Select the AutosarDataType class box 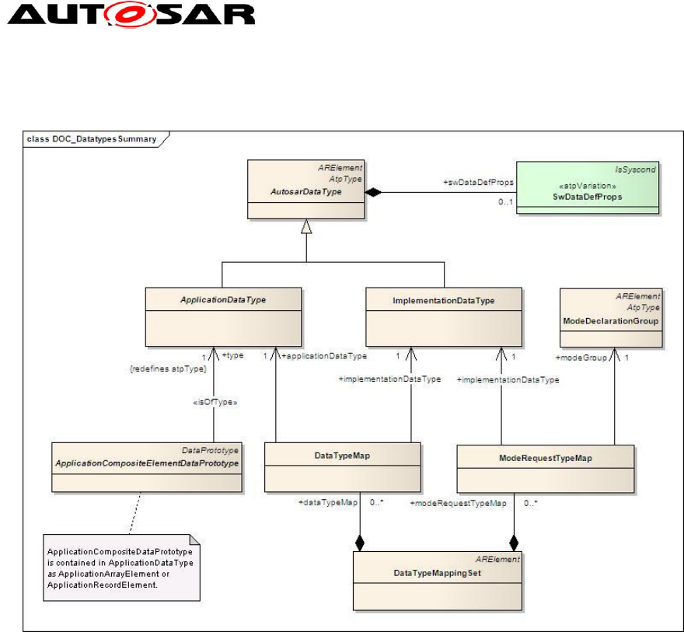click(x=305, y=190)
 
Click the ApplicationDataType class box click(x=222, y=316)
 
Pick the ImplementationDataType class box click(x=444, y=316)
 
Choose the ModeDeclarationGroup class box click(x=611, y=317)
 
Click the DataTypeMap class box click(x=342, y=467)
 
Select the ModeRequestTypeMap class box click(x=545, y=469)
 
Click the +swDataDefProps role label click(x=479, y=183)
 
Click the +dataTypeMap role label click(x=328, y=504)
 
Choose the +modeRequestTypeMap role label click(x=458, y=504)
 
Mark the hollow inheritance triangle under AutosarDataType click(x=305, y=226)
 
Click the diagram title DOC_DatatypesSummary click(x=92, y=139)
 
